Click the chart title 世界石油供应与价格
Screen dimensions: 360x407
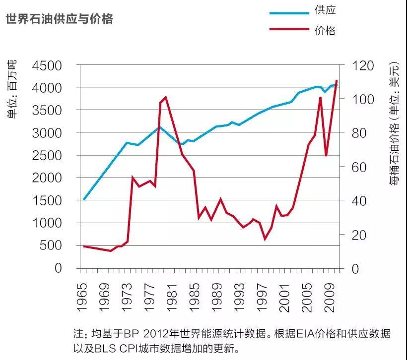pyautogui.click(x=59, y=19)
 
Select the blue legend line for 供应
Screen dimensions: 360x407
pyautogui.click(x=289, y=12)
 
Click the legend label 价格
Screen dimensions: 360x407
pyautogui.click(x=325, y=31)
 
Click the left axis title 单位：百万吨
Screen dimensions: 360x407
pyautogui.click(x=11, y=90)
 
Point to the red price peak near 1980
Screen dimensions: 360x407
pyautogui.click(x=165, y=97)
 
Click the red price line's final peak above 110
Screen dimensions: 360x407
pyautogui.click(x=337, y=80)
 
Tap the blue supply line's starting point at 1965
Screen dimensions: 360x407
pyautogui.click(x=84, y=199)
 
